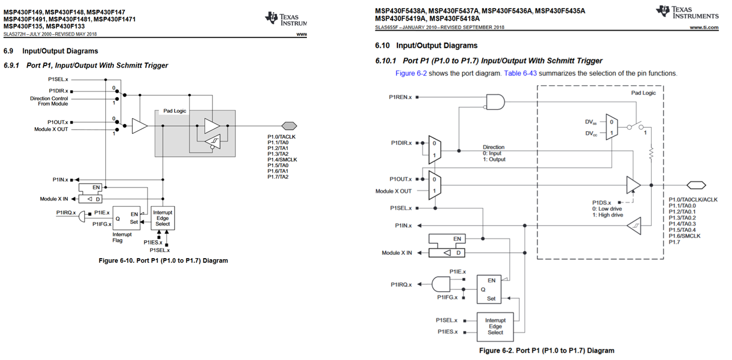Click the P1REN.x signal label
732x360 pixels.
pyautogui.click(x=400, y=97)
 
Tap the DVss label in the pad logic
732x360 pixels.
pyautogui.click(x=590, y=122)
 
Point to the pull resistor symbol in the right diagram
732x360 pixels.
pyautogui.click(x=651, y=153)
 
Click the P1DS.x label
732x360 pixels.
pyautogui.click(x=601, y=203)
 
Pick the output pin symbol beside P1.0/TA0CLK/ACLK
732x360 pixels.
pyautogui.click(x=696, y=185)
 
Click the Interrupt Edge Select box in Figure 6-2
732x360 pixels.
pyautogui.click(x=495, y=327)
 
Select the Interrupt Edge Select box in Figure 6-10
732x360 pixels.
pyautogui.click(x=163, y=218)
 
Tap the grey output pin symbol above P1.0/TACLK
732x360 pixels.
pyautogui.click(x=289, y=126)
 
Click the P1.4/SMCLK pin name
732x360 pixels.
pyautogui.click(x=282, y=160)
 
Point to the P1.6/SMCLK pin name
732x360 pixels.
pyautogui.click(x=684, y=236)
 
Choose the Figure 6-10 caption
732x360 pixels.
pyautogui.click(x=163, y=261)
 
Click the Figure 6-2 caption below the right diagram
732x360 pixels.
pyautogui.click(x=547, y=351)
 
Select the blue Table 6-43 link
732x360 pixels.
pyautogui.click(x=520, y=73)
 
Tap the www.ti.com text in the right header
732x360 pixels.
pyautogui.click(x=704, y=28)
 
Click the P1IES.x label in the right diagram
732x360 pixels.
pyautogui.click(x=447, y=332)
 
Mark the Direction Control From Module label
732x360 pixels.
pyautogui.click(x=49, y=101)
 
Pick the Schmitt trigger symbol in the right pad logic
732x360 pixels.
pyautogui.click(x=634, y=226)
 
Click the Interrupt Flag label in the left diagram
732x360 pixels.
pyautogui.click(x=122, y=237)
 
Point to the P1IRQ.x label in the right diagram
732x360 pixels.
pyautogui.click(x=401, y=285)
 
